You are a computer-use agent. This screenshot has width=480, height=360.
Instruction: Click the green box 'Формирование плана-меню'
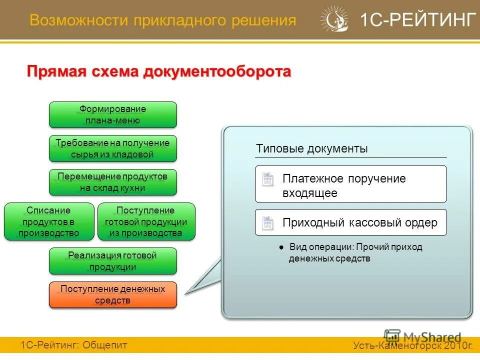(112, 114)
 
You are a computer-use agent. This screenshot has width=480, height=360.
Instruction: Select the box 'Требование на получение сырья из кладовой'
(112, 148)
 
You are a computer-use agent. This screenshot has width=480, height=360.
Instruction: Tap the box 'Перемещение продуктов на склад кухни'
(112, 182)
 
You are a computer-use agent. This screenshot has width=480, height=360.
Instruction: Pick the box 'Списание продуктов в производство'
(49, 221)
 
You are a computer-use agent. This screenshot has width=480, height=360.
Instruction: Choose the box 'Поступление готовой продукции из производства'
(146, 221)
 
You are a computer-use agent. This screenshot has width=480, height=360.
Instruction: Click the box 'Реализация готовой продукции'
(112, 261)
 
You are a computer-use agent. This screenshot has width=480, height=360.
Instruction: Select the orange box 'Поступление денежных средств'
(112, 294)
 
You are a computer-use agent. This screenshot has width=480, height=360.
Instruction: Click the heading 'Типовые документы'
(312, 148)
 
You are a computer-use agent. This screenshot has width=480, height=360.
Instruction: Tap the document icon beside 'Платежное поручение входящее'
(268, 179)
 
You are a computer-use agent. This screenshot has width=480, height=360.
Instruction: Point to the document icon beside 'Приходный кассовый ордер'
(268, 223)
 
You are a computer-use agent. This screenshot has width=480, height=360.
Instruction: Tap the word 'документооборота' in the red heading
(217, 71)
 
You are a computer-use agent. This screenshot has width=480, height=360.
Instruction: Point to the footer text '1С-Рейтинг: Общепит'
(74, 344)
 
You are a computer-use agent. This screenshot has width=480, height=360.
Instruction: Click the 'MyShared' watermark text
(432, 337)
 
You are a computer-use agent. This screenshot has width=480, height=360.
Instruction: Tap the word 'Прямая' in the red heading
(56, 71)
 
